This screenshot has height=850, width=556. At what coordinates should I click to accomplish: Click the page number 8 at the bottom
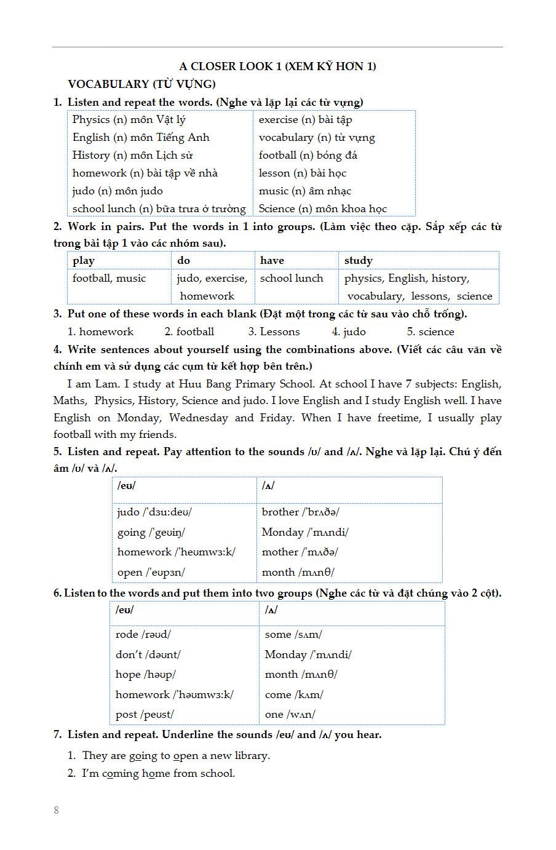click(x=57, y=810)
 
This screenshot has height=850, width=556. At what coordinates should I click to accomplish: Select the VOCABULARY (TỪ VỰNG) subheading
click(x=141, y=84)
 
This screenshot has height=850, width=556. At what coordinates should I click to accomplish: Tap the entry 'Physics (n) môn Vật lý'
click(x=129, y=120)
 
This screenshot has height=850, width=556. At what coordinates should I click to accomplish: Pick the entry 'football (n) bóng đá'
click(x=308, y=156)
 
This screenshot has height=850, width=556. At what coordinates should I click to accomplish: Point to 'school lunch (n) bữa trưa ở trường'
click(x=159, y=209)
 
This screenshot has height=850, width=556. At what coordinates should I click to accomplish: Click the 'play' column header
click(x=84, y=261)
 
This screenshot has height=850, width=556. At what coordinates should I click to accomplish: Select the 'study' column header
click(x=358, y=261)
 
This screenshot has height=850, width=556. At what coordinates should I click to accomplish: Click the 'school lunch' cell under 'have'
click(x=291, y=279)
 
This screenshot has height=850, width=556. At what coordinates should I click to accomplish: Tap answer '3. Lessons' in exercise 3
click(x=274, y=332)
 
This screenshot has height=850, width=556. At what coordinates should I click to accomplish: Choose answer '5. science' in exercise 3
click(x=430, y=332)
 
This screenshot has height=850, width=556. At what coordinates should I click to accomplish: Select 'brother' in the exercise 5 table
click(x=280, y=512)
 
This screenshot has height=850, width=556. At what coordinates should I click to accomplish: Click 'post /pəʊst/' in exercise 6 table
click(x=145, y=715)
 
